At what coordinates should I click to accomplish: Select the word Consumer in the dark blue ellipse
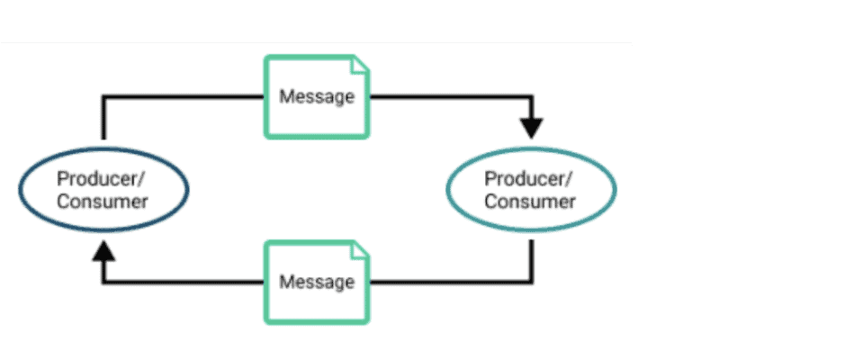[x=103, y=201]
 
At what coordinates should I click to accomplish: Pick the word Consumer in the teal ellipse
[x=530, y=201]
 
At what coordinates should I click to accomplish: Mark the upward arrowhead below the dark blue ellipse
[x=104, y=249]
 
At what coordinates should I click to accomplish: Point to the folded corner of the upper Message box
[x=359, y=65]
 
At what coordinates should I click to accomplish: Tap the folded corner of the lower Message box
[x=359, y=250]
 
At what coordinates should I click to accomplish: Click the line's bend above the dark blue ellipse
[x=104, y=96]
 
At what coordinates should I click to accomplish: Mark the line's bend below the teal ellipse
[x=531, y=281]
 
